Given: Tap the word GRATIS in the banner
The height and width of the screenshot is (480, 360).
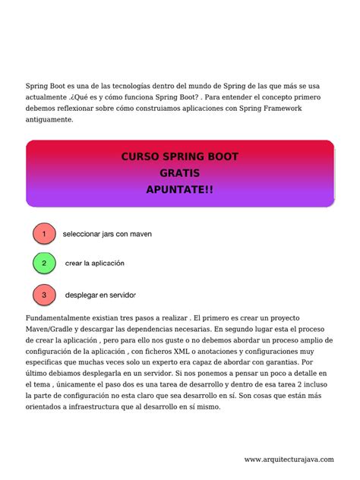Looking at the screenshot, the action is pos(179,173).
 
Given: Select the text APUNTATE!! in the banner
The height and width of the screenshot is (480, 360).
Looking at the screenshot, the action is pos(179,189).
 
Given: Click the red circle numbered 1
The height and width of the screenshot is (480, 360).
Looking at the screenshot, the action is pos(44,234).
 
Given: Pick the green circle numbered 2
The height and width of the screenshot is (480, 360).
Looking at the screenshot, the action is pos(44,264).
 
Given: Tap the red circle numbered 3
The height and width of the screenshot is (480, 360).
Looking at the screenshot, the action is pos(44,294).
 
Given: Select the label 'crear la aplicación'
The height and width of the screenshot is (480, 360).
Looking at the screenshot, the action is pos(95,264).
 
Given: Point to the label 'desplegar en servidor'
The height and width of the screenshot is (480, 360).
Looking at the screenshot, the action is pos(100,294).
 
